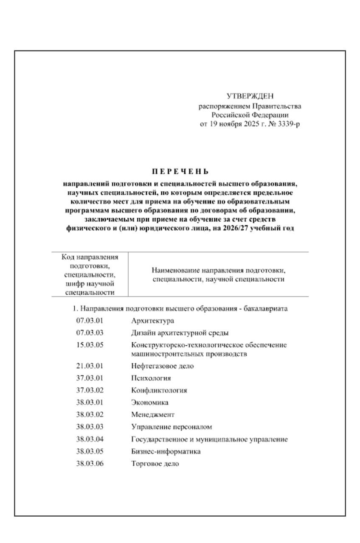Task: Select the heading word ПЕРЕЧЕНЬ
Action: click(x=180, y=172)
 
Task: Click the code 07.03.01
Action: click(x=90, y=321)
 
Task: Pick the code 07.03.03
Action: click(x=90, y=333)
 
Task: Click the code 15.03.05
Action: click(x=90, y=344)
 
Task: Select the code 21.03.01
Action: click(x=90, y=366)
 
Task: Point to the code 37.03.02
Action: click(x=90, y=390)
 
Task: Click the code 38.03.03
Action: click(x=90, y=427)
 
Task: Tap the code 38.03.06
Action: click(x=90, y=464)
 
